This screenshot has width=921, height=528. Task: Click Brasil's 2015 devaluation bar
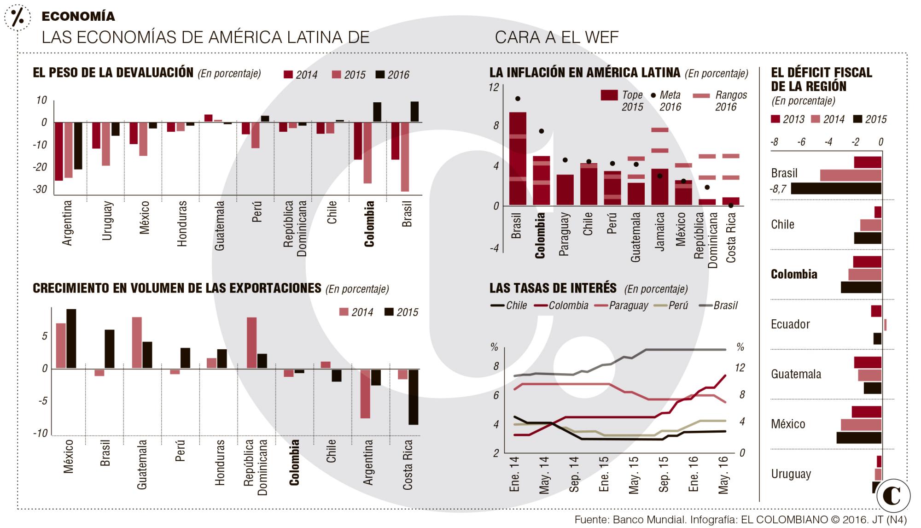(x=405, y=157)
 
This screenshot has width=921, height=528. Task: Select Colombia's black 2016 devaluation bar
(x=377, y=112)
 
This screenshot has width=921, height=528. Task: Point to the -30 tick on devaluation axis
(x=40, y=189)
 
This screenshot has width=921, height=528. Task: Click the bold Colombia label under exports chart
(x=294, y=462)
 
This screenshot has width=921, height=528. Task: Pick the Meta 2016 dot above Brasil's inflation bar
(x=518, y=99)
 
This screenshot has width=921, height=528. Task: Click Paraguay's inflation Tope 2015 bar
(x=565, y=190)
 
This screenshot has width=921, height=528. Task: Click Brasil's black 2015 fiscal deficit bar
(x=836, y=188)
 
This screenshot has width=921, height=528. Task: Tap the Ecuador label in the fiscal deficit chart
(x=790, y=324)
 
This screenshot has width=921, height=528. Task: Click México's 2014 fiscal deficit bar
(x=861, y=425)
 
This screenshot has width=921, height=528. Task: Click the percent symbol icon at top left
(x=18, y=18)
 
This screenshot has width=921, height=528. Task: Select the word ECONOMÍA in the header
(x=78, y=17)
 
